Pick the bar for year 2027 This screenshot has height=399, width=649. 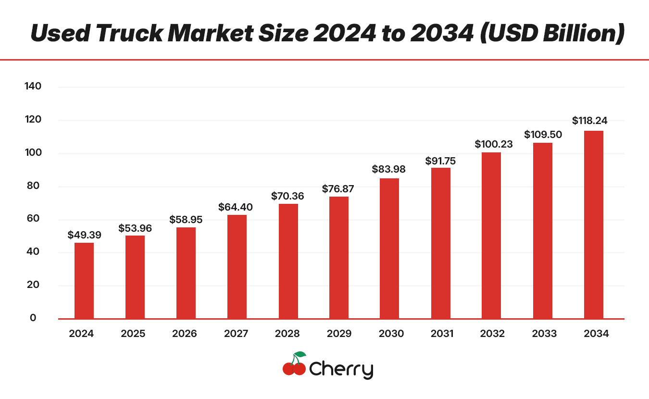237,266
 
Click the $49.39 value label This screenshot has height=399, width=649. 84,235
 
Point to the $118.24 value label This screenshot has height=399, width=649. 589,121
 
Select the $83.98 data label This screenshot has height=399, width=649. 388,169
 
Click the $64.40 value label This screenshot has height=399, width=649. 236,207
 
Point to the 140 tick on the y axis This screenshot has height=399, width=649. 33,87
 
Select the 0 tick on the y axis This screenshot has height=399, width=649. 33,318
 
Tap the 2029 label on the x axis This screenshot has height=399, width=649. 338,334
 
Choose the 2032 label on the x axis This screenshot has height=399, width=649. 492,334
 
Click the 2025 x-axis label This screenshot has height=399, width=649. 133,334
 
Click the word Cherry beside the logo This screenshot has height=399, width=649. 341,370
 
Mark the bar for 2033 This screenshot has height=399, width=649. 543,230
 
